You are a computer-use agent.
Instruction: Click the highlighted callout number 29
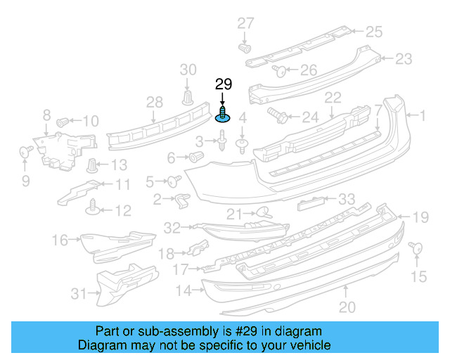tap(223, 85)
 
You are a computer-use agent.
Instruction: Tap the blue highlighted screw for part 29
tap(224, 115)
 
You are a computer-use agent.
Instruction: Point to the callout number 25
tap(373, 31)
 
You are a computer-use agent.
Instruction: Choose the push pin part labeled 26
tap(278, 70)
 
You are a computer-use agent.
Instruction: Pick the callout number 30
tap(188, 69)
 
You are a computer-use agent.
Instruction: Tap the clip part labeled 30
tap(188, 96)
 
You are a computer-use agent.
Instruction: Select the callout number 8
tap(46, 115)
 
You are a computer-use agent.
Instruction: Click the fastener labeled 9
tap(25, 150)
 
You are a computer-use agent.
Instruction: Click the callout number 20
tap(347, 306)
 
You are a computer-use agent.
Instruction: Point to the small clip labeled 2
tap(181, 200)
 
